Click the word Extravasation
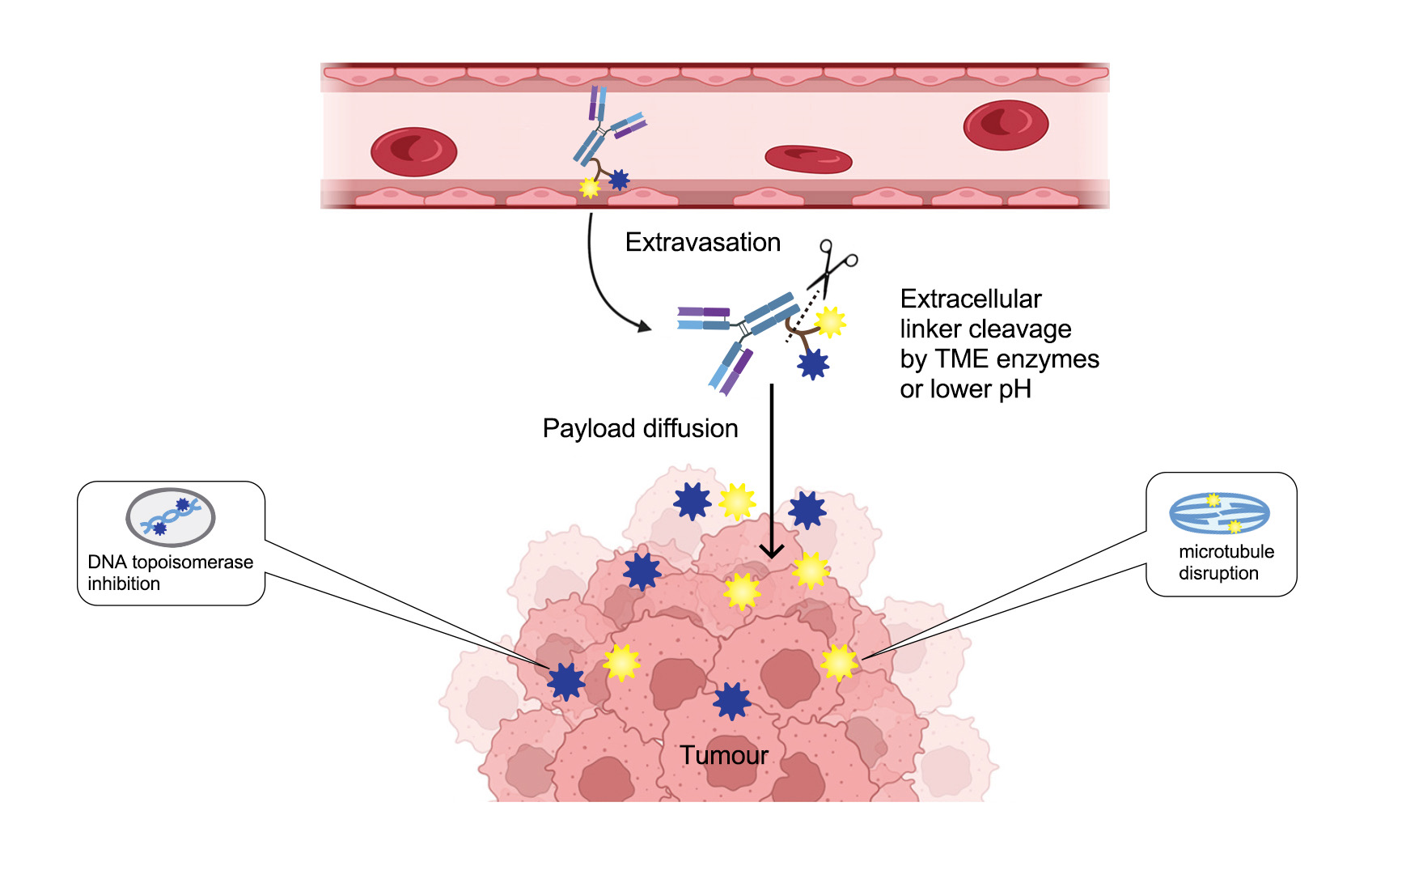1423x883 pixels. (702, 242)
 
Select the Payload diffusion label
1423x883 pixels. (640, 428)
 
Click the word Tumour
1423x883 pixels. (724, 755)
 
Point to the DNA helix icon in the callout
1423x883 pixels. (171, 517)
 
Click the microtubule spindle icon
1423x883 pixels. (1219, 513)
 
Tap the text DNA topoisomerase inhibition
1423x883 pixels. (170, 572)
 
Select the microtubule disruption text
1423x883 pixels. (1226, 562)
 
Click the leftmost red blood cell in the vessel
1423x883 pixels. (413, 151)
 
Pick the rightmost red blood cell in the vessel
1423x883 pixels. (1006, 125)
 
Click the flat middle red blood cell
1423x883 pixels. (808, 159)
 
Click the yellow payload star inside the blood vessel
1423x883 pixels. (590, 188)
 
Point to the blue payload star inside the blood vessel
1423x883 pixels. (619, 179)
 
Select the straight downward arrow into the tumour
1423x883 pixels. (772, 469)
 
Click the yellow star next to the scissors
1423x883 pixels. (830, 321)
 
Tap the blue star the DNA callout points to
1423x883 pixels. (565, 681)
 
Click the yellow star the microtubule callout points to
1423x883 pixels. (839, 663)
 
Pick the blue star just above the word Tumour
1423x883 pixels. (732, 701)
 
